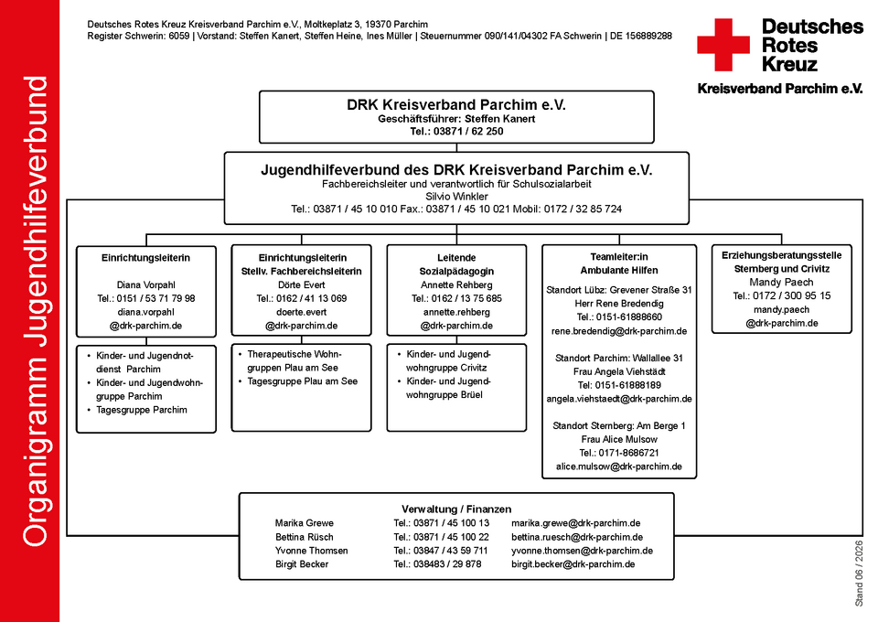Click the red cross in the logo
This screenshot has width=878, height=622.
723,45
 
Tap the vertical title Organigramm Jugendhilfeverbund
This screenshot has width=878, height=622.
36,311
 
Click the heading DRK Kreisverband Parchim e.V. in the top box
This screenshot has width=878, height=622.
456,104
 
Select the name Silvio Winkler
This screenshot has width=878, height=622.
456,197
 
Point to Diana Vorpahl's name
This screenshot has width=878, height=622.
146,285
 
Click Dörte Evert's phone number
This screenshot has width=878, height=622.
301,298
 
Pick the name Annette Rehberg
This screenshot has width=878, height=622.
456,285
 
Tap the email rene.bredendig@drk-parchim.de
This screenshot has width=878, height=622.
619,331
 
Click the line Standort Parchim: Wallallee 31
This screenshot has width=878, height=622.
619,358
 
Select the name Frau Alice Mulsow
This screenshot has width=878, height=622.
619,439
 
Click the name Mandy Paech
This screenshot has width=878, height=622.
782,282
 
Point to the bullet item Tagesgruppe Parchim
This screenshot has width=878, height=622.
142,410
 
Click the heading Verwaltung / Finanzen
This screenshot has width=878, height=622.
456,509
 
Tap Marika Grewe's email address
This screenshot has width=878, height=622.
575,523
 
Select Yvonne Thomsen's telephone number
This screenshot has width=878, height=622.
441,551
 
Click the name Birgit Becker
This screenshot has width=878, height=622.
302,564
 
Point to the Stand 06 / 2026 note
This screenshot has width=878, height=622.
859,574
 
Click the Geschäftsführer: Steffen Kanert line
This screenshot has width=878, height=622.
456,119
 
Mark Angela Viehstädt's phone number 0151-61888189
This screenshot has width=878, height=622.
619,385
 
